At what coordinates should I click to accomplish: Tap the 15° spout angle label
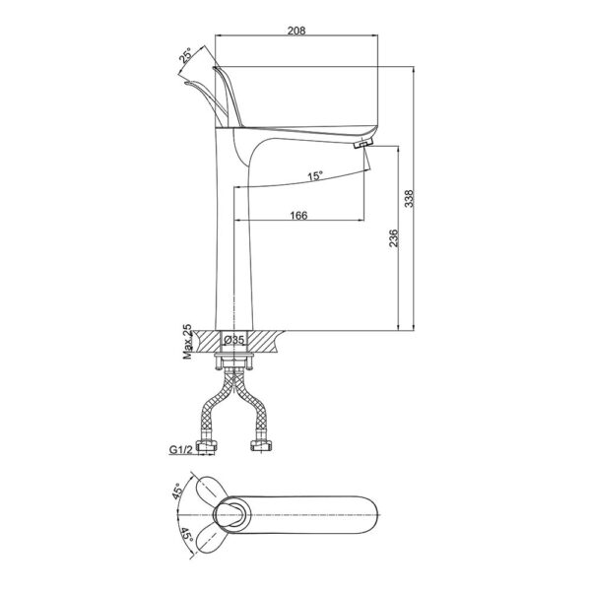pyautogui.click(x=314, y=176)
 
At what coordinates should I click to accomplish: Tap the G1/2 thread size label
pyautogui.click(x=180, y=452)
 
